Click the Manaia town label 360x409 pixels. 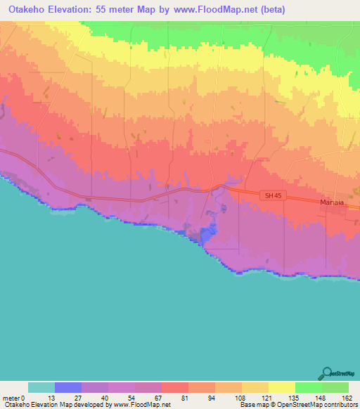(x=331, y=202)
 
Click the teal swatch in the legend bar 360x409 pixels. (x=41, y=387)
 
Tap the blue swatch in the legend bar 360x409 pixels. (x=68, y=387)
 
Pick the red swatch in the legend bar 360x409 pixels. (x=174, y=387)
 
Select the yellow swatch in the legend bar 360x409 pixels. (x=281, y=387)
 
